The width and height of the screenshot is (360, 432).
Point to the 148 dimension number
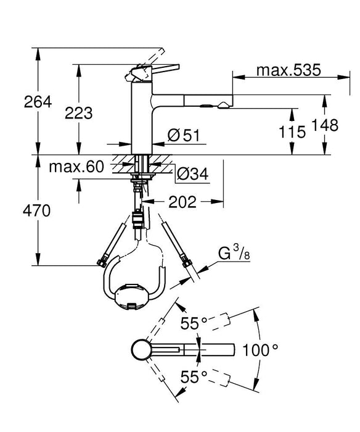325,126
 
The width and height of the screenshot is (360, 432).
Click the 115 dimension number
293,131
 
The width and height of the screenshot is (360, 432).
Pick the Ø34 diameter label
190,175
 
